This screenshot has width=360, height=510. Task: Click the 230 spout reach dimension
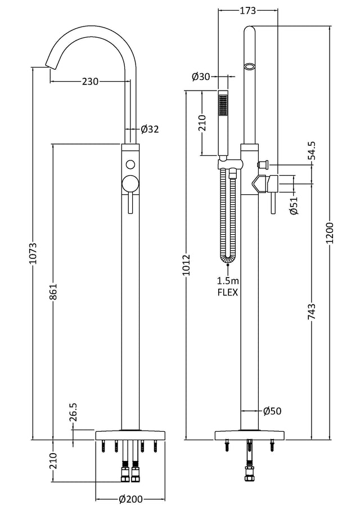90,81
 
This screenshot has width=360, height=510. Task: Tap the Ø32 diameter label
150,129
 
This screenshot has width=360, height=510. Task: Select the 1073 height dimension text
35,253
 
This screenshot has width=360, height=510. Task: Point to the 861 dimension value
53,292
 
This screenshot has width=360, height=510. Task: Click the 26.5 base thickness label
73,413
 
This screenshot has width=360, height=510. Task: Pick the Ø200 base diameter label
131,499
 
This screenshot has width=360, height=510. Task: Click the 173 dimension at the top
248,11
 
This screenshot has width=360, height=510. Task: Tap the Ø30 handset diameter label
201,77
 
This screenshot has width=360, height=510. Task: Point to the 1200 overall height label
330,233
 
